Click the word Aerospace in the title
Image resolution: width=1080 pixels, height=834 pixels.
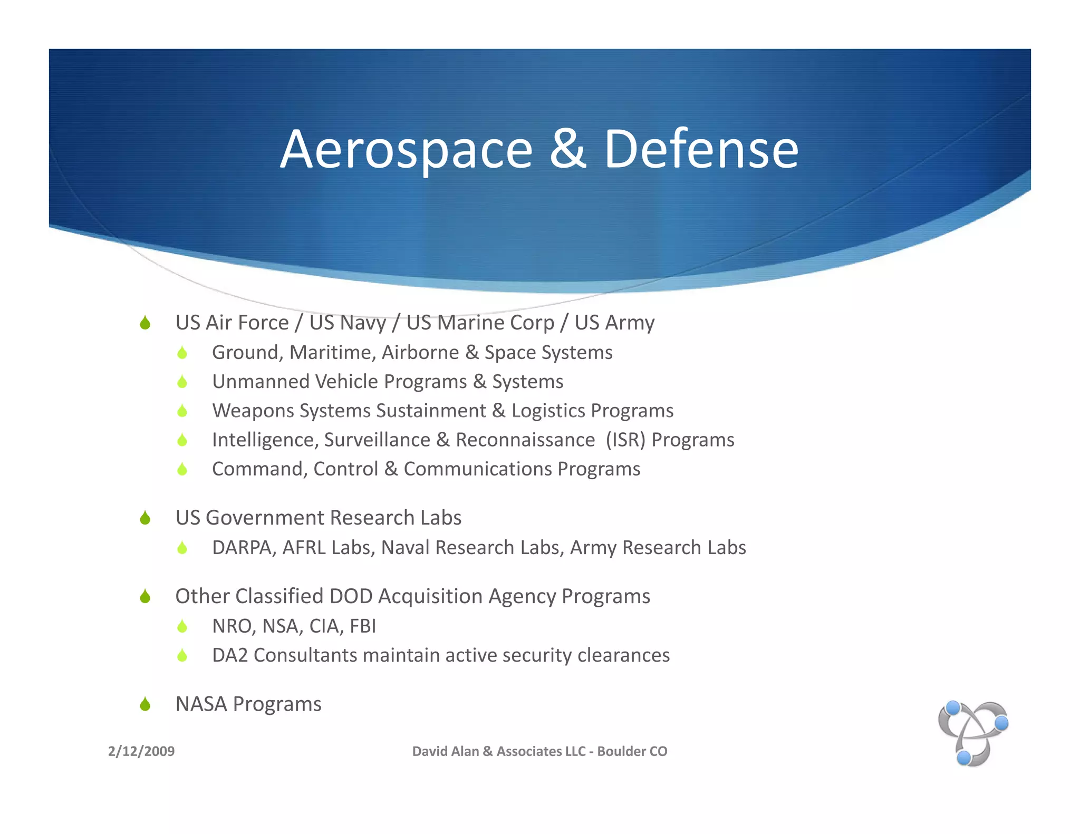coord(406,150)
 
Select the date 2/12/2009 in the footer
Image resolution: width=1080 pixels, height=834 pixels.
coord(141,751)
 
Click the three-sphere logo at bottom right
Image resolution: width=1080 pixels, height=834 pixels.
coord(973,733)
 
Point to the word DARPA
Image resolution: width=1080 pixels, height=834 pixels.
coord(243,548)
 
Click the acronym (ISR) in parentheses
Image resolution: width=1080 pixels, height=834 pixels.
coord(625,440)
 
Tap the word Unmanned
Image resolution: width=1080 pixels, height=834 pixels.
coord(261,382)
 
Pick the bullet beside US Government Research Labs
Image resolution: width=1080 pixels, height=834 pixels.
coord(146,518)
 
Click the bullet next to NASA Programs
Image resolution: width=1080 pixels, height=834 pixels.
coord(146,704)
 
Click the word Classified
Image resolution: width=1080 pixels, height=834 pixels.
coord(279,596)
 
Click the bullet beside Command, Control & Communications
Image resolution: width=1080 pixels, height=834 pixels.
coord(182,469)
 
